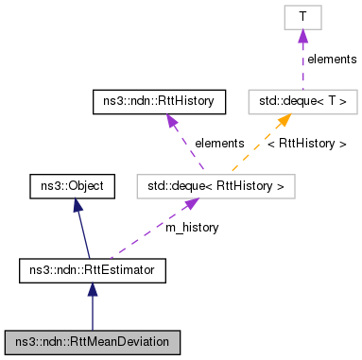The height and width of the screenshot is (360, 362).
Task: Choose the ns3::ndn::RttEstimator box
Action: [93, 272]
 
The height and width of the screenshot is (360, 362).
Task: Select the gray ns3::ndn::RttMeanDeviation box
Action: [93, 338]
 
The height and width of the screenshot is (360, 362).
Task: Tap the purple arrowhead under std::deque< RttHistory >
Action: [191, 204]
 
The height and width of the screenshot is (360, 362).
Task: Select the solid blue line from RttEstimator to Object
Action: [83, 234]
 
